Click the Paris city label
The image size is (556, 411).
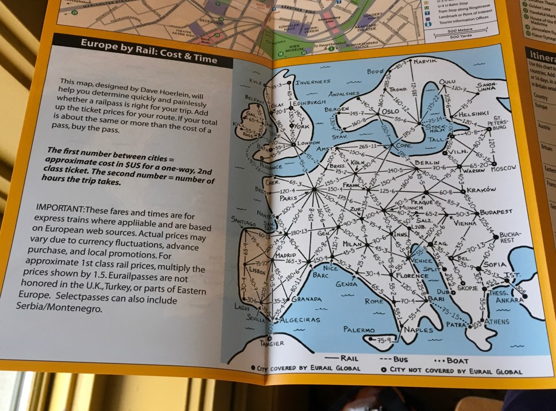click(x=291, y=199)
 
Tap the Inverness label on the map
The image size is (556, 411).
click(x=314, y=82)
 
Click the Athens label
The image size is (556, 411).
click(x=497, y=321)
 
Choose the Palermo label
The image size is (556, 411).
click(x=359, y=330)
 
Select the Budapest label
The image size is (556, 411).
click(x=496, y=212)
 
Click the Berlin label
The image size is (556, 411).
click(x=426, y=164)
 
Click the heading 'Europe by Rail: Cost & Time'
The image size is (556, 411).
click(x=148, y=51)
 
